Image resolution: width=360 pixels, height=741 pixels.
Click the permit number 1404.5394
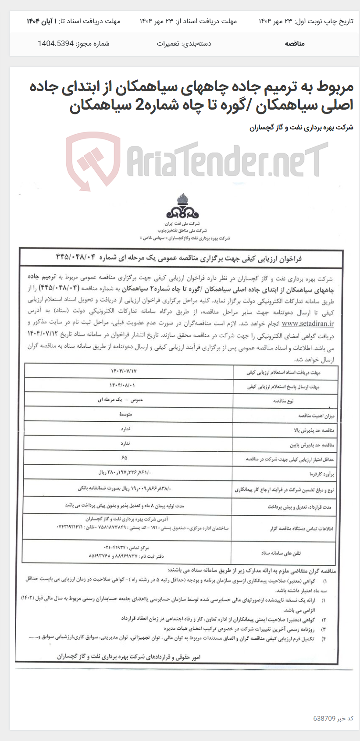coord(56,43)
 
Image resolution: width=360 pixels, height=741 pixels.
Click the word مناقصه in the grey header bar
coord(295,43)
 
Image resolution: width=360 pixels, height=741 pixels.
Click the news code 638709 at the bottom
coord(324,718)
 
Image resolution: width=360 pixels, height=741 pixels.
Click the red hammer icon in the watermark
coord(93,160)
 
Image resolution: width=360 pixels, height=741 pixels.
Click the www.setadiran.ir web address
coord(307,324)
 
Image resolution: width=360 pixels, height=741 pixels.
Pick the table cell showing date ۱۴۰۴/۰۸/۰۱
coord(122,385)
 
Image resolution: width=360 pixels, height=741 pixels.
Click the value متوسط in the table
coord(125,414)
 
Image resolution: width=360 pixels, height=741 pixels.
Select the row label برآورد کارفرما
coord(317,474)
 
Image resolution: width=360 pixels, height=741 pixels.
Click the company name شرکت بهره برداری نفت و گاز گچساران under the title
coord(301,128)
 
